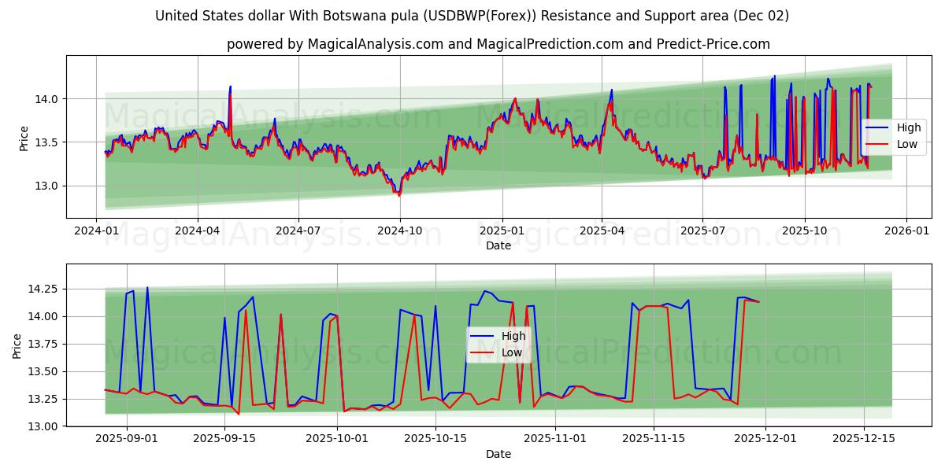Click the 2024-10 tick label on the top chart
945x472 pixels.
(399, 232)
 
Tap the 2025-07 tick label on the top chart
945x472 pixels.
(702, 232)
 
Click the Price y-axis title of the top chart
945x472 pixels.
(24, 138)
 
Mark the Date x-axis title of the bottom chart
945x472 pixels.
(498, 454)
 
